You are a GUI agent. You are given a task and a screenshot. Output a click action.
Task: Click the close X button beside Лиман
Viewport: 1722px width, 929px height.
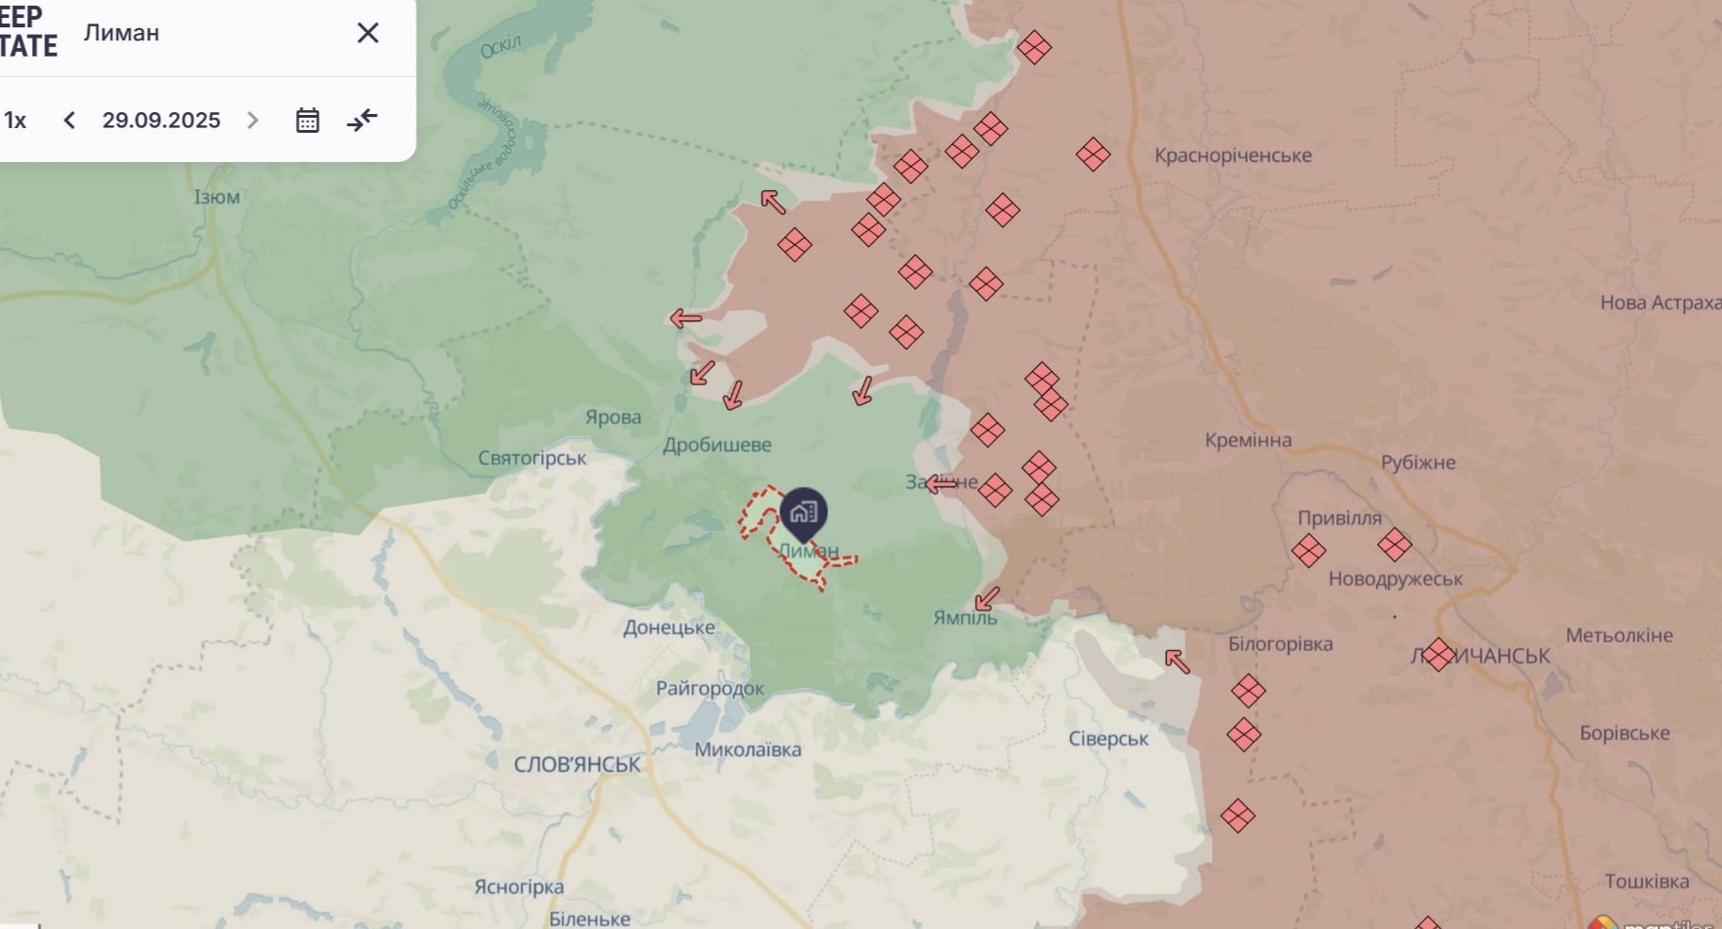pos(368,33)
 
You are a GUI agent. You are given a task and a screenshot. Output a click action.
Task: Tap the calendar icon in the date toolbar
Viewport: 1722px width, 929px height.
pos(307,121)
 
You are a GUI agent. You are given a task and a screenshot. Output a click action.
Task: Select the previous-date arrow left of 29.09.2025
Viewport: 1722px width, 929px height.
pos(69,121)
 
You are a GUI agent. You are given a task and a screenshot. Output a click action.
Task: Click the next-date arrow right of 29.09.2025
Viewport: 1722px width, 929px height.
pos(253,121)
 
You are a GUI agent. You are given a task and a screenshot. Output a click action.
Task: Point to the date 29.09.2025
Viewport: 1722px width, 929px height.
pos(161,121)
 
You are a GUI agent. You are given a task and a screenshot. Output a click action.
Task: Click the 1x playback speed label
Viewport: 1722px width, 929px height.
pos(15,121)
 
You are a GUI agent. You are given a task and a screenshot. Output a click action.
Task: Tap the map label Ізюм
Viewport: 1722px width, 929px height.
pos(217,197)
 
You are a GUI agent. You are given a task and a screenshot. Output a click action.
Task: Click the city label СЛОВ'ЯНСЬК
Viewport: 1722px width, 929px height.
pos(577,764)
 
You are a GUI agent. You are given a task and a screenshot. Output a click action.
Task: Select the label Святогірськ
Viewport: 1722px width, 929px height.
pos(532,458)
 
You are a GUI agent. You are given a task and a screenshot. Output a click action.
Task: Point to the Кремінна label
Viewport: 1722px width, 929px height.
pos(1248,440)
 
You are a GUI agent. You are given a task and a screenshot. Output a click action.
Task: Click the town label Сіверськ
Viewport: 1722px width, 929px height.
pos(1108,739)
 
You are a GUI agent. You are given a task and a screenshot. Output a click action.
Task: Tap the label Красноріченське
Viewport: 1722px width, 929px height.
pos(1233,155)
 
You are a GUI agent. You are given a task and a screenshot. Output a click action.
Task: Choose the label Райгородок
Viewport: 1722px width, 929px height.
pos(710,689)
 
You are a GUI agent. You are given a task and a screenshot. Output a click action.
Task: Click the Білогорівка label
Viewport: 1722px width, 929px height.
pos(1280,644)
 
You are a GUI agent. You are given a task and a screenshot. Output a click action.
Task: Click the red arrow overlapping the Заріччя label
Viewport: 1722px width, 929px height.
pos(941,484)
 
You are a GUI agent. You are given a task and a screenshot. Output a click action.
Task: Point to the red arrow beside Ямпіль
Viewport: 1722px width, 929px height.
pos(987,598)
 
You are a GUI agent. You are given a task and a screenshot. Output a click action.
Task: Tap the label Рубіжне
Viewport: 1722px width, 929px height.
pos(1418,463)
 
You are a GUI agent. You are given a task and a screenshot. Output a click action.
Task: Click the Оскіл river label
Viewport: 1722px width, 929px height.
pos(500,46)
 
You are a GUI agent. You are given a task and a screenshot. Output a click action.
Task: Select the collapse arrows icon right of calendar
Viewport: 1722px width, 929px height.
pos(362,120)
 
